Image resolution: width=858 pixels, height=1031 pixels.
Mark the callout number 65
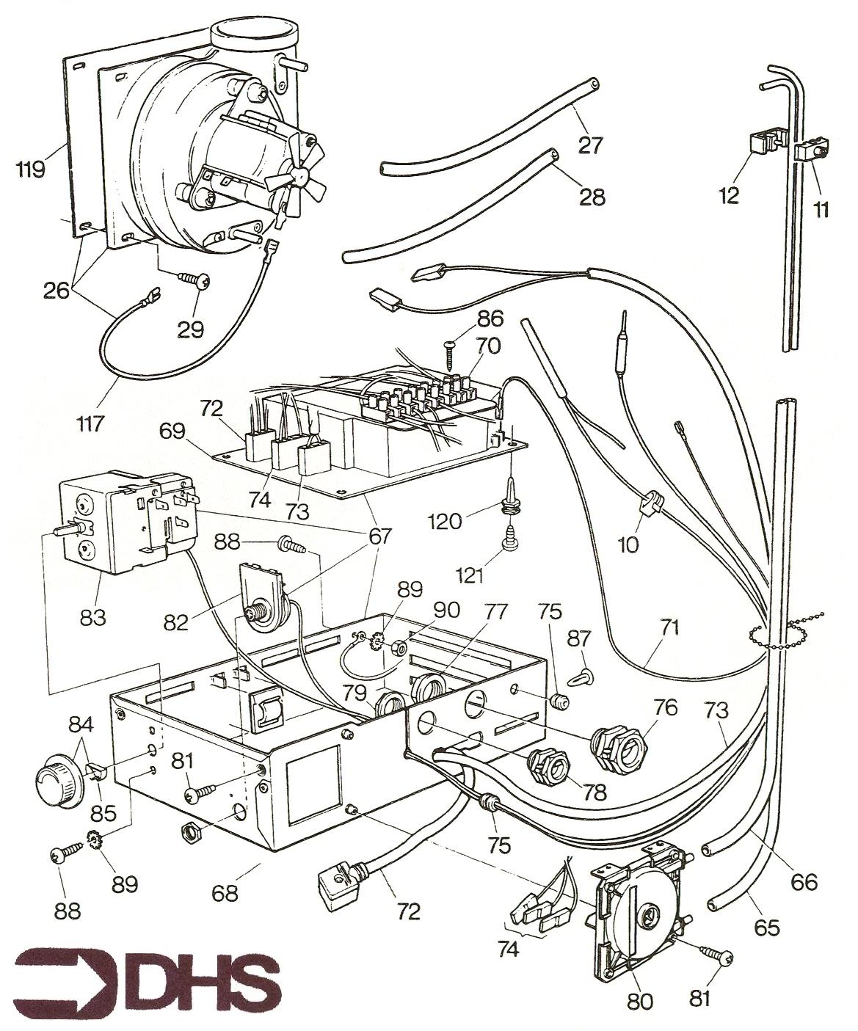(766, 927)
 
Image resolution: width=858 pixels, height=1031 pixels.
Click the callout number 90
(446, 610)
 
